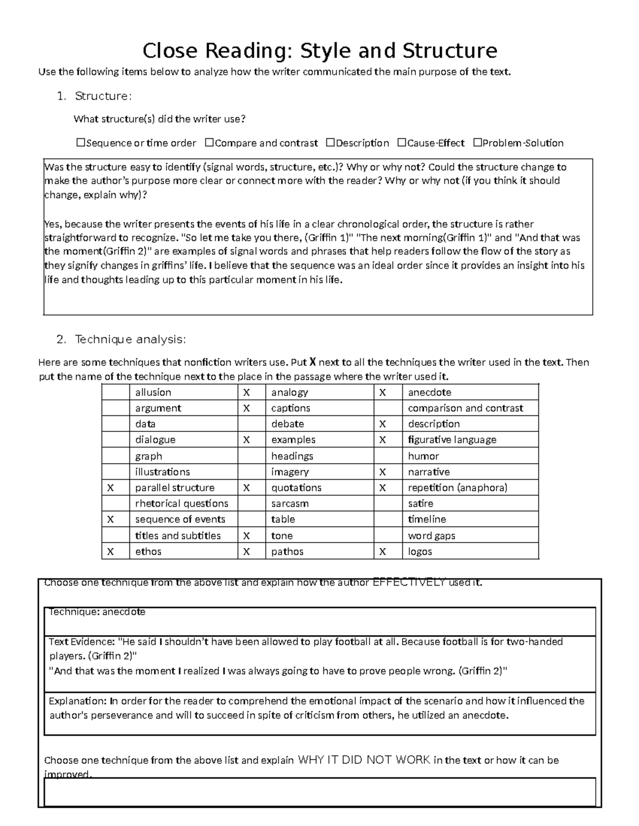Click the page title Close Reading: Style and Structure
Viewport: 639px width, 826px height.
(319, 51)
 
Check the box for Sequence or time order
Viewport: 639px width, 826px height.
(81, 143)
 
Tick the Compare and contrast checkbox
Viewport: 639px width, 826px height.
(209, 143)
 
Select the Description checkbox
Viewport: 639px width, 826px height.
(330, 143)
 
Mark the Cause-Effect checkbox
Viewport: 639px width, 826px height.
(402, 143)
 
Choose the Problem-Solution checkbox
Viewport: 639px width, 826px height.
(477, 143)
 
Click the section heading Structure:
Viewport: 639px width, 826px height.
(103, 96)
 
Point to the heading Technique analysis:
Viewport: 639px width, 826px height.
(130, 339)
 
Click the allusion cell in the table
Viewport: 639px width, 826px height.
(153, 393)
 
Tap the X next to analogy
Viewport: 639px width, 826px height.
(247, 393)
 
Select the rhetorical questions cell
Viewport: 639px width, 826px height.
(182, 504)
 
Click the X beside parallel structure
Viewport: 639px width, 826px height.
(110, 488)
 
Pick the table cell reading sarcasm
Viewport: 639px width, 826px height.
(290, 504)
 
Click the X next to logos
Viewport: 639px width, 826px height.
(382, 552)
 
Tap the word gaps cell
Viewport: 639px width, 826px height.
(431, 536)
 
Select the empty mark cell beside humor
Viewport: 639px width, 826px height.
(388, 456)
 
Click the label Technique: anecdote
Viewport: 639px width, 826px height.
(97, 612)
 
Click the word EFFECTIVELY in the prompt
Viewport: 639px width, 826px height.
(409, 582)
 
